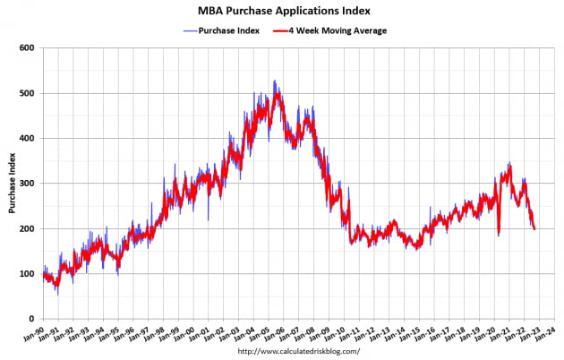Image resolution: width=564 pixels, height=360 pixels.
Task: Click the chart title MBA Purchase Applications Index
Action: point(282,12)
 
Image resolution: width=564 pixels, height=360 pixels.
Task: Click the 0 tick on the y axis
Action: point(31,320)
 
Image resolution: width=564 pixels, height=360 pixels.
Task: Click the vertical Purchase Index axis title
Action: point(12,184)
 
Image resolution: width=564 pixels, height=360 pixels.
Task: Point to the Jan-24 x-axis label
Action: point(543,334)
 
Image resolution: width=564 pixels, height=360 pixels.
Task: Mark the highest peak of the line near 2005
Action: point(274,81)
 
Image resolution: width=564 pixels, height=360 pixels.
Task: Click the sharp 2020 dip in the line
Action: point(498,235)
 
